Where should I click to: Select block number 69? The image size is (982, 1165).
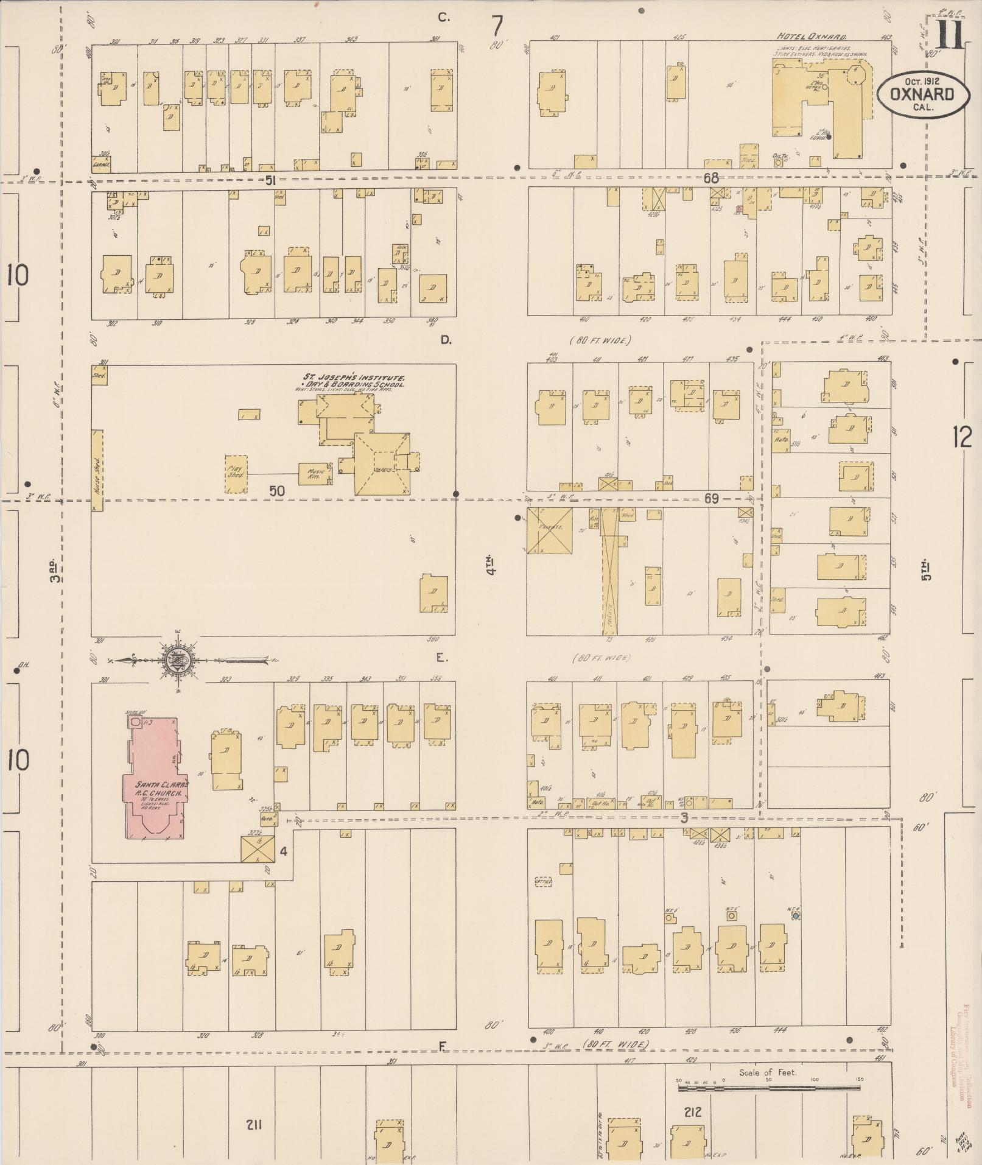point(711,499)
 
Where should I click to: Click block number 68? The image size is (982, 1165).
point(710,178)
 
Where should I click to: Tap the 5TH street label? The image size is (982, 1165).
point(926,570)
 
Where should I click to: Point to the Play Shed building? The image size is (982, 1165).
point(236,474)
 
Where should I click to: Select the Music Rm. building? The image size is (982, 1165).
point(315,473)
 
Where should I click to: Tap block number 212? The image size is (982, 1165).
point(692,1112)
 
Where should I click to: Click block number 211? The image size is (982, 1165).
point(254,1124)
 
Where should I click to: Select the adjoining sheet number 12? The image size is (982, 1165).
point(963,437)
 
